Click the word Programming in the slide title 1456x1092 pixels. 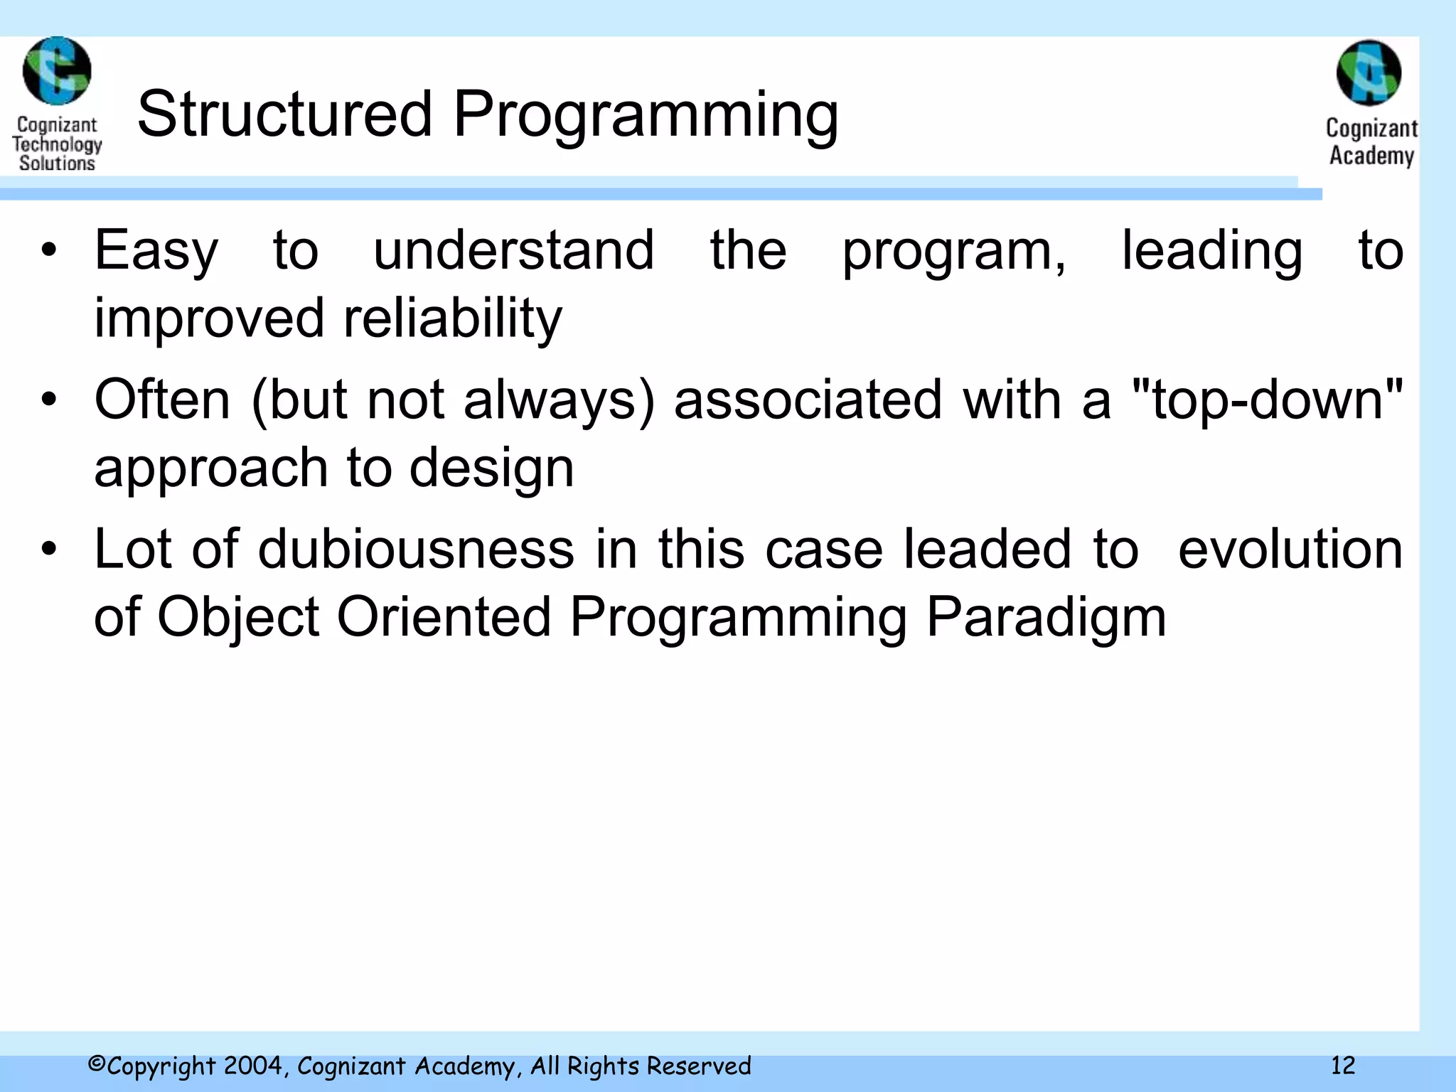click(646, 116)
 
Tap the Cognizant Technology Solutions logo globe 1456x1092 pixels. click(57, 71)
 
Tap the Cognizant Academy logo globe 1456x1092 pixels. click(1369, 73)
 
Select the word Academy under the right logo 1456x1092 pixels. click(1371, 155)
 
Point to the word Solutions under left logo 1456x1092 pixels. click(57, 163)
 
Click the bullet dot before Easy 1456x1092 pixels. click(48, 250)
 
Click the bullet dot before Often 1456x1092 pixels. click(48, 400)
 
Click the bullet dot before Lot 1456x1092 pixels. click(48, 549)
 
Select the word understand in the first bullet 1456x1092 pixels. click(513, 250)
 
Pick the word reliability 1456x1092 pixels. click(453, 319)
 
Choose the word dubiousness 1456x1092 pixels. click(416, 549)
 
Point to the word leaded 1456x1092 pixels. click(987, 549)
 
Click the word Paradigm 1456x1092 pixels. click(1046, 617)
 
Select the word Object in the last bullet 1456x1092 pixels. click(238, 617)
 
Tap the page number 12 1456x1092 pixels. click(1343, 1065)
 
